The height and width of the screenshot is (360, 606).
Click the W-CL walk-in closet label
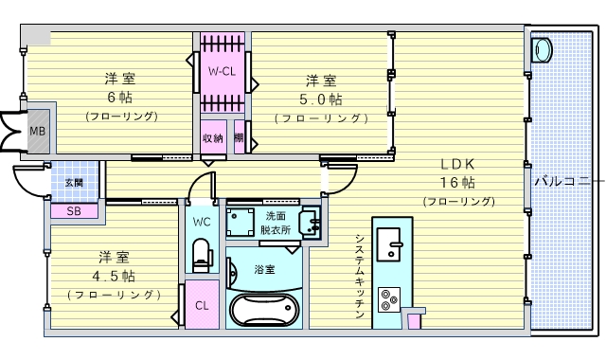pos(223,71)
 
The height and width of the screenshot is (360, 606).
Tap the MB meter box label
pos(37,131)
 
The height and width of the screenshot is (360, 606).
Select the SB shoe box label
pos(73,210)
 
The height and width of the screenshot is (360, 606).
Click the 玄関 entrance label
pos(73,182)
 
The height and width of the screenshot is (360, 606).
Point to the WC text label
pos(201,222)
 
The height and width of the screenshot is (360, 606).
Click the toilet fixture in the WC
pos(201,254)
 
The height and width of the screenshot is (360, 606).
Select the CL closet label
pos(202,305)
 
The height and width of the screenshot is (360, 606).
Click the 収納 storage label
pos(212,138)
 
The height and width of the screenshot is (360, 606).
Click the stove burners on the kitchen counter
pos(388,300)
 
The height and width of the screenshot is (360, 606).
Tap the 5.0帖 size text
pos(320,99)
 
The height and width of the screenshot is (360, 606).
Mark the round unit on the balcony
pos(543,49)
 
